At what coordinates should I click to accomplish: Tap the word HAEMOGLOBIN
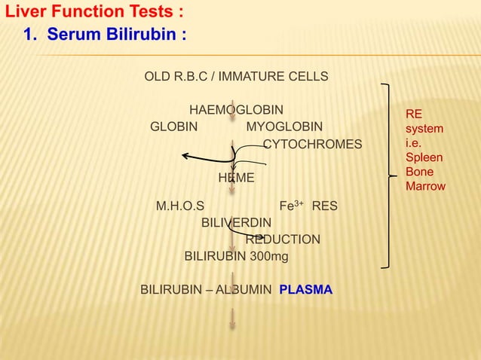pyautogui.click(x=236, y=110)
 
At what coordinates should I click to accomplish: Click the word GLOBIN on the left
pyautogui.click(x=174, y=127)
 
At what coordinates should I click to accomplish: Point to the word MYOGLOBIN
pyautogui.click(x=284, y=127)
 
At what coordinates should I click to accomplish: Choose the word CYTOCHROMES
pyautogui.click(x=311, y=144)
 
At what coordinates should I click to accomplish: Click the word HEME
pyautogui.click(x=236, y=178)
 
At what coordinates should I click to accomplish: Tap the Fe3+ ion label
pyautogui.click(x=291, y=205)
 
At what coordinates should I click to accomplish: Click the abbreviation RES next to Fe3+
pyautogui.click(x=325, y=206)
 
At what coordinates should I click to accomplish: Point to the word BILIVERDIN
pyautogui.click(x=237, y=222)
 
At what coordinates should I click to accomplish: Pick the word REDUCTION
pyautogui.click(x=283, y=239)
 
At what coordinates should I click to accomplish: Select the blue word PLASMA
pyautogui.click(x=305, y=290)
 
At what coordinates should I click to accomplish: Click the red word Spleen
pyautogui.click(x=424, y=158)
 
